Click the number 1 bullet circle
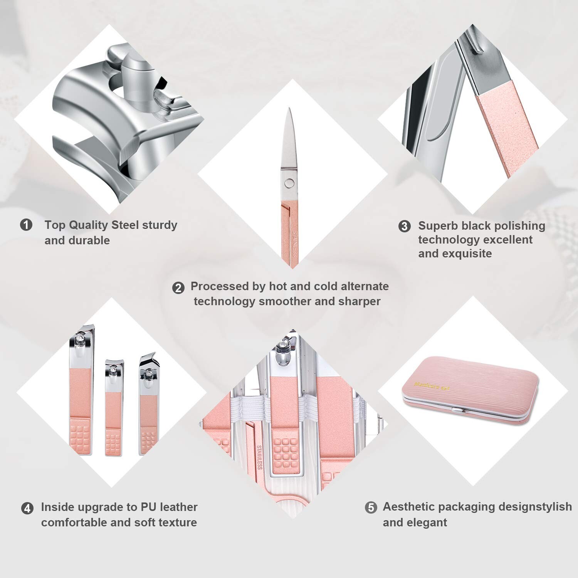pos(26,225)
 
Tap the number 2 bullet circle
pos(178,288)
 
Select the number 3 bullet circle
pos(404,226)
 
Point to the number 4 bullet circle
pos(27,508)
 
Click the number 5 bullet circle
pos(371,507)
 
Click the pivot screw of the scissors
pos(289,182)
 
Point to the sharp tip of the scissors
pos(289,110)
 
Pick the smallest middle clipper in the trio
pos(114,408)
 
